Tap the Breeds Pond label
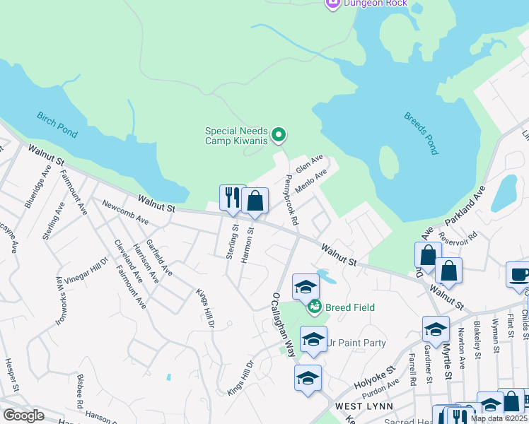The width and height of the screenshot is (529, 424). coord(422,133)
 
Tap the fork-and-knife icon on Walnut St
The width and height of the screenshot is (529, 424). coord(231,199)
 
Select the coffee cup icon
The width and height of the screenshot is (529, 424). coord(518,274)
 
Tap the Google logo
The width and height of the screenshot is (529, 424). coord(23,416)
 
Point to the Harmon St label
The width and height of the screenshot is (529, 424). coord(247,245)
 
